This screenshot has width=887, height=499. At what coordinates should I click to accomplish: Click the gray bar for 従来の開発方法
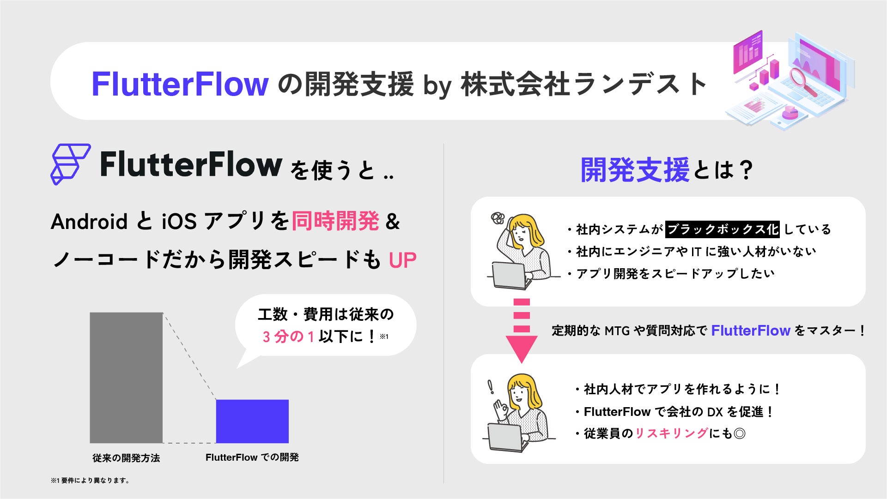coord(126,378)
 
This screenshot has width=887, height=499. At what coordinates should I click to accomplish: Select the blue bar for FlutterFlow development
coord(252,421)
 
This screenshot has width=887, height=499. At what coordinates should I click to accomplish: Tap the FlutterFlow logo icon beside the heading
coord(70,164)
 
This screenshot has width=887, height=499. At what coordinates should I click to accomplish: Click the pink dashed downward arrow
coord(522,331)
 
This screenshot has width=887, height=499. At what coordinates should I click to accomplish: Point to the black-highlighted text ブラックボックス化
coord(722,229)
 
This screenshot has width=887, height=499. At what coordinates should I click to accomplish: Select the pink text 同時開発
coord(335,221)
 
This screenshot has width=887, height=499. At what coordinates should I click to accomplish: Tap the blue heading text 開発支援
coord(635,170)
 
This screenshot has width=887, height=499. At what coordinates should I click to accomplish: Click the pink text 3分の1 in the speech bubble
coord(288,337)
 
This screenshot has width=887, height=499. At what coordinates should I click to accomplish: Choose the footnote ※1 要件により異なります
coord(90,481)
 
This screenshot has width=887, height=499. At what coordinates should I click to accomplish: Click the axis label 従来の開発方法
coord(126,458)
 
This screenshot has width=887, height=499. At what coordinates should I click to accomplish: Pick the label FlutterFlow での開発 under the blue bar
coord(252,457)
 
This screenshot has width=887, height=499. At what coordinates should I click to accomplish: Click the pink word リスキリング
coord(671,433)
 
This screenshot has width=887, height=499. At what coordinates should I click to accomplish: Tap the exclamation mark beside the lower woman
coord(491,387)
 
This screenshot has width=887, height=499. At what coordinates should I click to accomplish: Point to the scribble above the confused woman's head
coord(498,217)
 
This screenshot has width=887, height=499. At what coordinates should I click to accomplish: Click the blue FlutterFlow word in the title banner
coord(180,84)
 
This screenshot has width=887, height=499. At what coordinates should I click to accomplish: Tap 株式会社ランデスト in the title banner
coord(583,84)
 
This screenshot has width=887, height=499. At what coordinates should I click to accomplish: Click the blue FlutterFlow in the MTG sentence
coord(750,331)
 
